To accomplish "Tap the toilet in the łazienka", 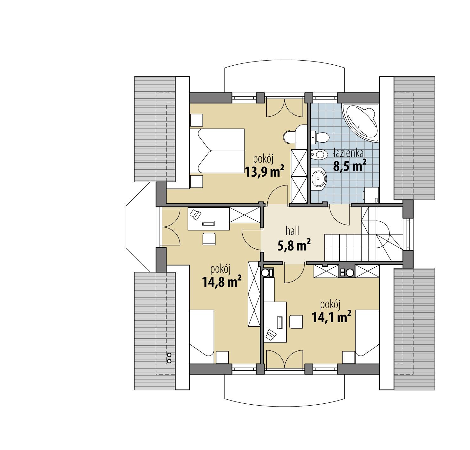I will point(320,137).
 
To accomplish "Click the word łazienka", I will point(348,153).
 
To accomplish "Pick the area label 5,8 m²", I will point(294,245).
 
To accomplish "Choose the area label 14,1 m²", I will point(332,317).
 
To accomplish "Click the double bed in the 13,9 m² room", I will point(217,151).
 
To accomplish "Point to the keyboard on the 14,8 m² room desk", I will point(208,224).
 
